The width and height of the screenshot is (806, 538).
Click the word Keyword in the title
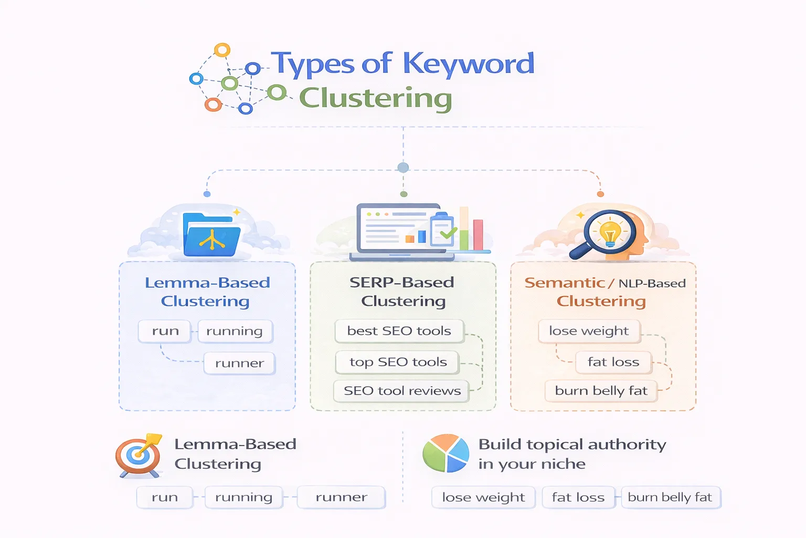click(468, 64)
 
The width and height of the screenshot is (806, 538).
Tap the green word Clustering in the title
click(375, 98)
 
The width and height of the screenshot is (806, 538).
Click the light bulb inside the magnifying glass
click(610, 232)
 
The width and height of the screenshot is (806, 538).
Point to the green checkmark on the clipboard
click(448, 232)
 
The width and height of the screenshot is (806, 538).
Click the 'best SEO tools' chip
click(399, 331)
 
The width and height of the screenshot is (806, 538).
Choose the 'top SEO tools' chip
click(398, 362)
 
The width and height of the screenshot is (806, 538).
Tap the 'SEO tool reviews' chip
click(402, 391)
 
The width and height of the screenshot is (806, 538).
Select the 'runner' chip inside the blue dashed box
click(239, 363)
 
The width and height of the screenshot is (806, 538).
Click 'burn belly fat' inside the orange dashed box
click(601, 391)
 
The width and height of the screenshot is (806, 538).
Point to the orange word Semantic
click(565, 283)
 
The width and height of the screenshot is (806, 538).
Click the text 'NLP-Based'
click(652, 284)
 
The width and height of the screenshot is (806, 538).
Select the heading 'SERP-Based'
click(401, 283)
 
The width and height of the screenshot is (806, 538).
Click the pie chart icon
click(446, 453)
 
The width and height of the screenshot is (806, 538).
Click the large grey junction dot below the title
click(403, 168)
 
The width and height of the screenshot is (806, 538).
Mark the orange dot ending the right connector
click(600, 194)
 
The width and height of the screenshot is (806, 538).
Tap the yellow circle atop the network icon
click(222, 50)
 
